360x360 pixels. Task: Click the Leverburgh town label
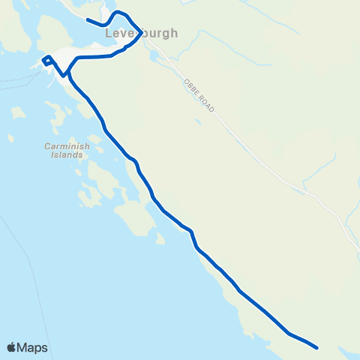tap(141, 34)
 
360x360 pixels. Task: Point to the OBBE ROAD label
tap(199, 95)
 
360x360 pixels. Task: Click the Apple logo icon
tap(11, 347)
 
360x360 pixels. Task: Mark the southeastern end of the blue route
tap(318, 347)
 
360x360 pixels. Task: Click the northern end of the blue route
tap(88, 19)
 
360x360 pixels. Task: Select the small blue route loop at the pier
tap(47, 61)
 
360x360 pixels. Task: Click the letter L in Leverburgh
tap(109, 34)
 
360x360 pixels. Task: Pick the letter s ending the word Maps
tap(44, 348)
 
